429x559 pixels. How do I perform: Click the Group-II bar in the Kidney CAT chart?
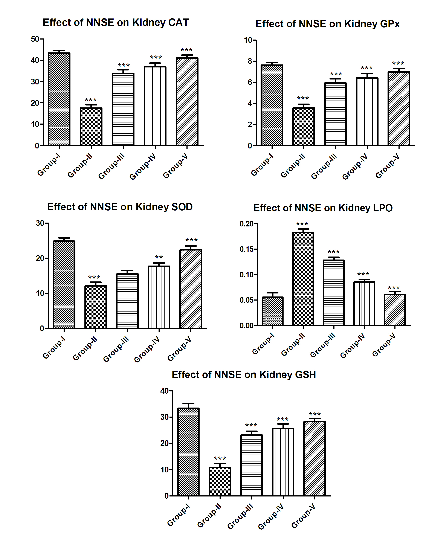click(x=91, y=127)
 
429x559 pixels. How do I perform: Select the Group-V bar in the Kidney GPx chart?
click(x=399, y=108)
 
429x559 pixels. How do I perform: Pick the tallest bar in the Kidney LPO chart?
click(x=303, y=279)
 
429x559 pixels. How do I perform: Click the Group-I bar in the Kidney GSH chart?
click(x=188, y=452)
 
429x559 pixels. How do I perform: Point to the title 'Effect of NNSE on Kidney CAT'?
click(x=116, y=23)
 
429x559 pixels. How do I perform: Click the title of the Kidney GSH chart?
click(x=244, y=375)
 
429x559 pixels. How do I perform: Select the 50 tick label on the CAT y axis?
click(x=35, y=39)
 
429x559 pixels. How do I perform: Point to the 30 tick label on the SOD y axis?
click(x=40, y=223)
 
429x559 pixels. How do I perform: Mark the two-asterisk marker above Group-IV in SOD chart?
click(x=159, y=257)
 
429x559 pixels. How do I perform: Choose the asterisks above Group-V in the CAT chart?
click(x=186, y=50)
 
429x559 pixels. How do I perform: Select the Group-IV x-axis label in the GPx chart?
click(x=355, y=166)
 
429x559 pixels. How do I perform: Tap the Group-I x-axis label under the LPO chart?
click(x=263, y=344)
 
